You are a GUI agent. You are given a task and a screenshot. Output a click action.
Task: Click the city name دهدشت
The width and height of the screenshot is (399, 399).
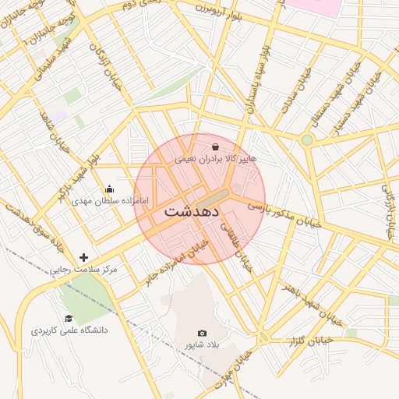pyautogui.click(x=192, y=211)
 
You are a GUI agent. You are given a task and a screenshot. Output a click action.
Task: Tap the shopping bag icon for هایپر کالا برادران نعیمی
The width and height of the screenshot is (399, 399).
pyautogui.click(x=215, y=146)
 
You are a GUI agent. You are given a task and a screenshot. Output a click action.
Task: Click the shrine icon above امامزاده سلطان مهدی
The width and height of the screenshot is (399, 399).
pyautogui.click(x=109, y=189)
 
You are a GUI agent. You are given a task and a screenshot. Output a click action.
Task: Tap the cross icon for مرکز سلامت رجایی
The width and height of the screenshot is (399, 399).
pyautogui.click(x=83, y=257)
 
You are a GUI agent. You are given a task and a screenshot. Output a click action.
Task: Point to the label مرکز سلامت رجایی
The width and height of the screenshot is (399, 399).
pyautogui.click(x=83, y=270)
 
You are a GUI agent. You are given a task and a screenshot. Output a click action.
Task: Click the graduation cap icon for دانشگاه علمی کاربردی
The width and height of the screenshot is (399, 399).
pyautogui.click(x=69, y=318)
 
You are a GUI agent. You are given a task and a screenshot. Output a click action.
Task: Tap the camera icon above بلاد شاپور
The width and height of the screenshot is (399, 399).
pyautogui.click(x=203, y=333)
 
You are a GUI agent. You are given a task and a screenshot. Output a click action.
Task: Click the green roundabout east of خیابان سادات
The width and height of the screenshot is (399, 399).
pyautogui.click(x=307, y=139)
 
